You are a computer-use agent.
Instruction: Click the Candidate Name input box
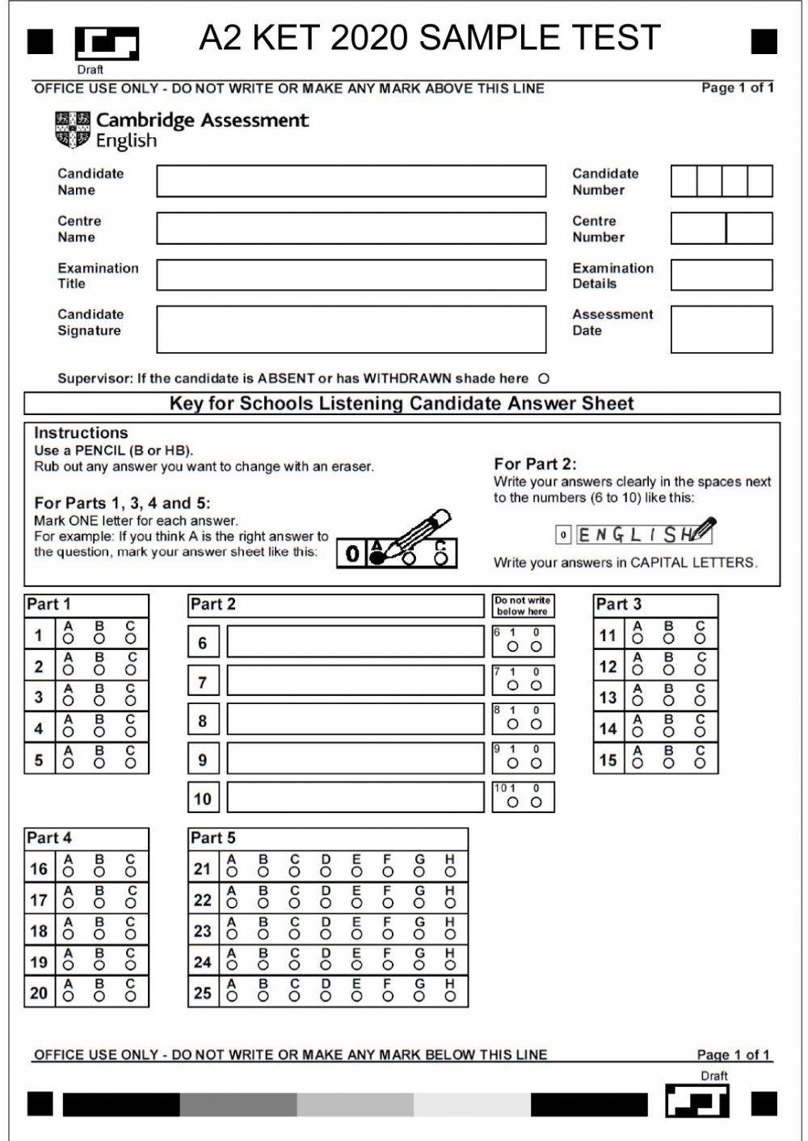coord(351,182)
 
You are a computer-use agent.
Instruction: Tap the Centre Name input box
coord(351,229)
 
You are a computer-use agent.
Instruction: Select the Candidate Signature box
coord(351,329)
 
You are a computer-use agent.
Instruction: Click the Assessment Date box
coord(721,329)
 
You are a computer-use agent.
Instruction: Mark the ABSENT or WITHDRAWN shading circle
coord(544,379)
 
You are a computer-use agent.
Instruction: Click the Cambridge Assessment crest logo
coord(73,130)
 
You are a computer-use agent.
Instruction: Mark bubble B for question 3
coord(99,701)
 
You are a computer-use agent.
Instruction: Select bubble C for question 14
coord(700,732)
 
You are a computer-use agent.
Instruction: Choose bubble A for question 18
coord(69,935)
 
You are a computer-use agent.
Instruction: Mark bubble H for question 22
coord(450,904)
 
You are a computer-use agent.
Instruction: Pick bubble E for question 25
coord(356,996)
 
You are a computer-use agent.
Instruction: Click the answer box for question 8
coord(356,719)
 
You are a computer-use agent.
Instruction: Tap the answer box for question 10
coord(356,798)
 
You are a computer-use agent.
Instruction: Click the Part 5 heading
coord(213,838)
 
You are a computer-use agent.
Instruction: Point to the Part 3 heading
coord(618,604)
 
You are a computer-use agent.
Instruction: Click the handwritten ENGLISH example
coord(638,534)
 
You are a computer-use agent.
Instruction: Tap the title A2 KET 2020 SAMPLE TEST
coord(429,38)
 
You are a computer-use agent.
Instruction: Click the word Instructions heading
coord(81,433)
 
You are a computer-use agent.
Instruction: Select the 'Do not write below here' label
coord(523,606)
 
